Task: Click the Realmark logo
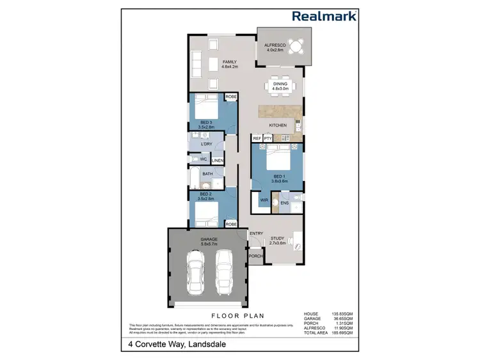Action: pos(324,16)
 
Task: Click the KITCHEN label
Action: pos(277,125)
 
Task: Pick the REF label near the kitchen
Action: pos(257,138)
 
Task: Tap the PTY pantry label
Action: pos(268,138)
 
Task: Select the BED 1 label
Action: pos(278,176)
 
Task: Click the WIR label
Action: pos(263,200)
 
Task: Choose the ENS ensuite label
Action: pos(285,203)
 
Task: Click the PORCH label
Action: pos(256,256)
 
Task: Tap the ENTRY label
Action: pos(257,233)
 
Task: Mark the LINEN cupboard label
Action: pos(218,160)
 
